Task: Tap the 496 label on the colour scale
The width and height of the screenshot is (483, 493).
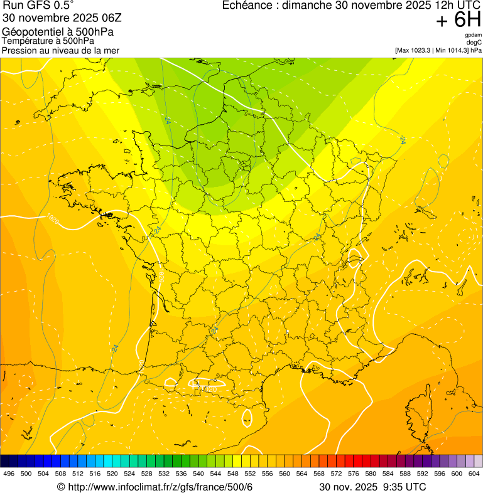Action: pyautogui.click(x=9, y=474)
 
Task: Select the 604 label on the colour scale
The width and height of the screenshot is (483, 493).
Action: pyautogui.click(x=474, y=474)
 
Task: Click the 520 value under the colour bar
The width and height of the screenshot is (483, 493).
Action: pyautogui.click(x=112, y=474)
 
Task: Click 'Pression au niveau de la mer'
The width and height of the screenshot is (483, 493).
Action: pyautogui.click(x=60, y=50)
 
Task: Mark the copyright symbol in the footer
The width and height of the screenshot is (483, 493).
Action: pyautogui.click(x=61, y=487)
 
